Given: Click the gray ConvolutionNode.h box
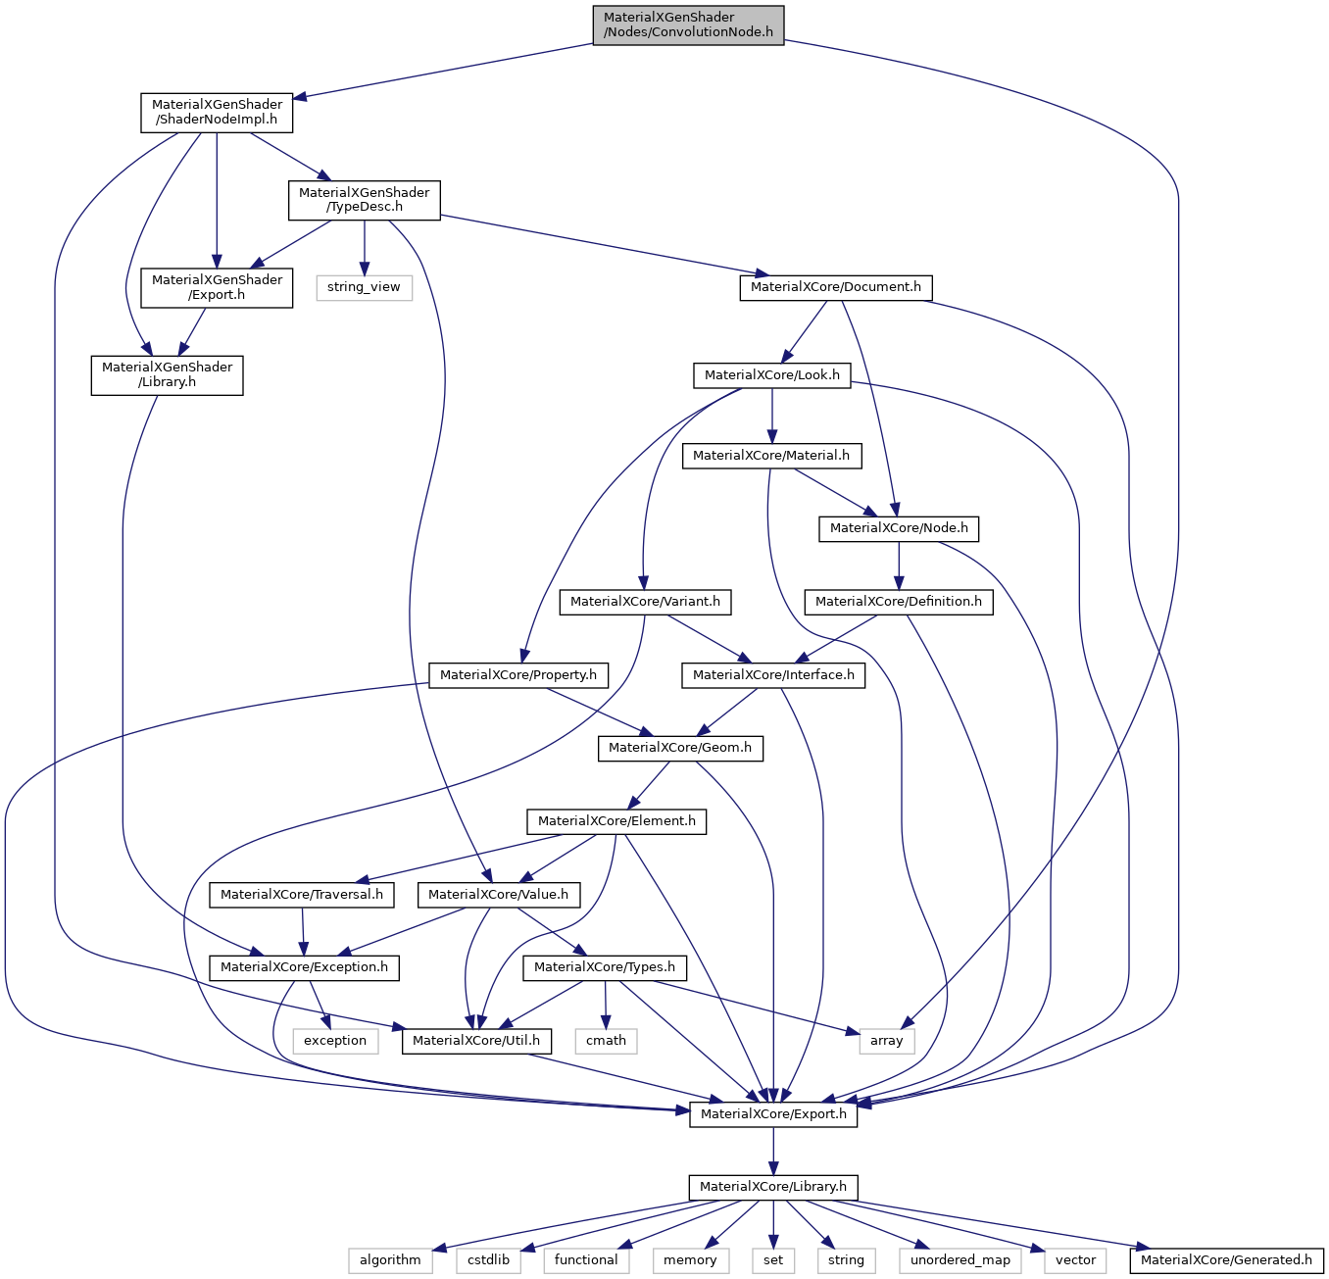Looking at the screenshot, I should point(688,25).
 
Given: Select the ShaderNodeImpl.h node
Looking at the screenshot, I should point(217,113).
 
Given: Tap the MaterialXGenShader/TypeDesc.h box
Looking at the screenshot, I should point(364,200).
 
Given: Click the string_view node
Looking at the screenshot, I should point(364,287).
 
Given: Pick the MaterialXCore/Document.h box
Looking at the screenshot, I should point(835,287).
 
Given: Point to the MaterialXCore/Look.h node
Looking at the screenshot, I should point(771,375).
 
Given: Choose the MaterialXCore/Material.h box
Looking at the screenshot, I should point(772,456).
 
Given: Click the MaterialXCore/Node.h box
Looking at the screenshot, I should point(899,528).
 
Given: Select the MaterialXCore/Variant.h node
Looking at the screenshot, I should point(645,602).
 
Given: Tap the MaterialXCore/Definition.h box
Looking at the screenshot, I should point(898,602).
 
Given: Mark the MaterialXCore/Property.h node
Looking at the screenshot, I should point(517,675).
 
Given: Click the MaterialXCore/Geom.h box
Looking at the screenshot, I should point(679,748).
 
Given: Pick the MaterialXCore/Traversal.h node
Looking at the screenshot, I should point(302,895).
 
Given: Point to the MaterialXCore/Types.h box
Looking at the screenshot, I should point(604,967).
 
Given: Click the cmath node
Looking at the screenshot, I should point(606,1041).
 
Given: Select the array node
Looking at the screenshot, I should point(886,1041).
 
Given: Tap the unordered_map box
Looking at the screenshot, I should point(960,1260).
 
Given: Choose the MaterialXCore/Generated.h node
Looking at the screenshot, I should point(1226,1260).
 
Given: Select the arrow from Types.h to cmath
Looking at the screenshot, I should point(606,1005).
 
